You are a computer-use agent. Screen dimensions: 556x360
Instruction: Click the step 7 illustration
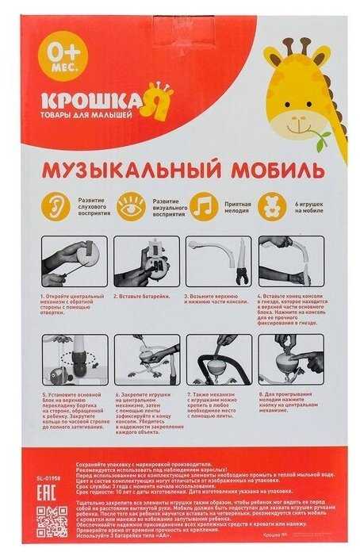click(x=217, y=359)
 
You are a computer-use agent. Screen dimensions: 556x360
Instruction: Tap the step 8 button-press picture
click(x=290, y=359)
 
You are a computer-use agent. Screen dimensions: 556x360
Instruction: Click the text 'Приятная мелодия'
click(x=236, y=209)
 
